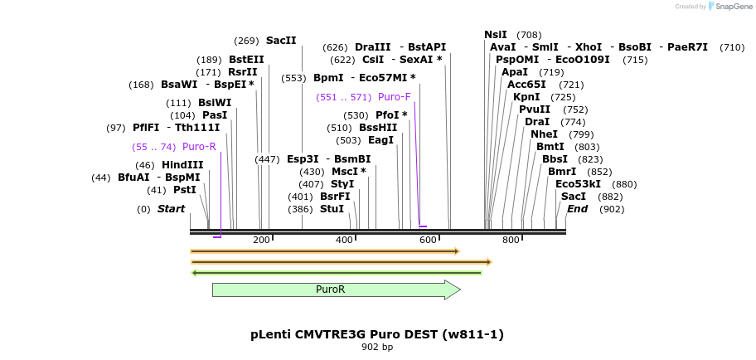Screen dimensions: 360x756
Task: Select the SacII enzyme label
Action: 281,41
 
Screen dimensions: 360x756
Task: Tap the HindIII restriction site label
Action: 182,165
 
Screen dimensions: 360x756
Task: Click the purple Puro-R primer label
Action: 199,147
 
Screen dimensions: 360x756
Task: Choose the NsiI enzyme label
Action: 496,35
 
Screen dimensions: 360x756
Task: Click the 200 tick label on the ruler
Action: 261,241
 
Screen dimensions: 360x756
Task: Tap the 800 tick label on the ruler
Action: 511,241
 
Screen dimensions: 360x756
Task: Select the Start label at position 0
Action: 172,209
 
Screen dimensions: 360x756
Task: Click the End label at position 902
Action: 577,209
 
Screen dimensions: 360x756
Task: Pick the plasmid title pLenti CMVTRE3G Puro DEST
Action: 377,334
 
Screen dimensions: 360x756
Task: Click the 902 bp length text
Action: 377,347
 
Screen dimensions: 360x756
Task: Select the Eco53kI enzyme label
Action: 578,184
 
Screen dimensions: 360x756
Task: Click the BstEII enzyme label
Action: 246,60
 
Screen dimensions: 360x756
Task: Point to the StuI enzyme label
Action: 332,209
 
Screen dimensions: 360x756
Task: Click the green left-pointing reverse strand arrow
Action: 337,272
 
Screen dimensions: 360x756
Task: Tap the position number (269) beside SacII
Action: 246,41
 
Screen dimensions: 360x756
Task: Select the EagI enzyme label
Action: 380,140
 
